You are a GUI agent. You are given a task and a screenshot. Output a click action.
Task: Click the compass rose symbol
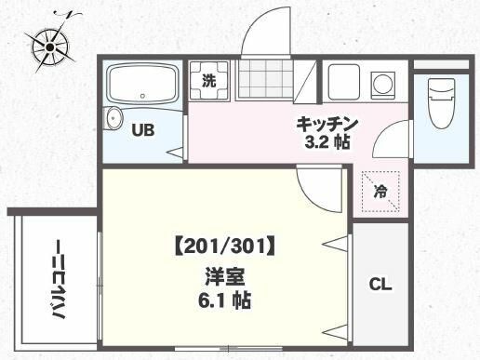point(50,44)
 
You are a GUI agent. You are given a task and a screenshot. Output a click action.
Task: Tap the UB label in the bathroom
point(141,130)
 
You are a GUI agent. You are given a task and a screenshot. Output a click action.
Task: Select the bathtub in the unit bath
point(142,87)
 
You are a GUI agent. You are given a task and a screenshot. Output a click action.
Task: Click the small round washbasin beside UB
point(114,118)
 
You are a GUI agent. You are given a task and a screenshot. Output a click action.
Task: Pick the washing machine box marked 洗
point(208,80)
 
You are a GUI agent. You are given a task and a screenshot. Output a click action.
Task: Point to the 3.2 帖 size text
point(327,142)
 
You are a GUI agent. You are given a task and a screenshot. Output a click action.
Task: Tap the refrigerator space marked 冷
point(381,193)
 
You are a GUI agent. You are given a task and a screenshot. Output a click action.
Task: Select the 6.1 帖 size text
point(224,301)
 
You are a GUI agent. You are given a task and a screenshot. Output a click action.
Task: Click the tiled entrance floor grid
point(264,80)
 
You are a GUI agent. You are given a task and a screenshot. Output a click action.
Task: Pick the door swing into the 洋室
point(316,191)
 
